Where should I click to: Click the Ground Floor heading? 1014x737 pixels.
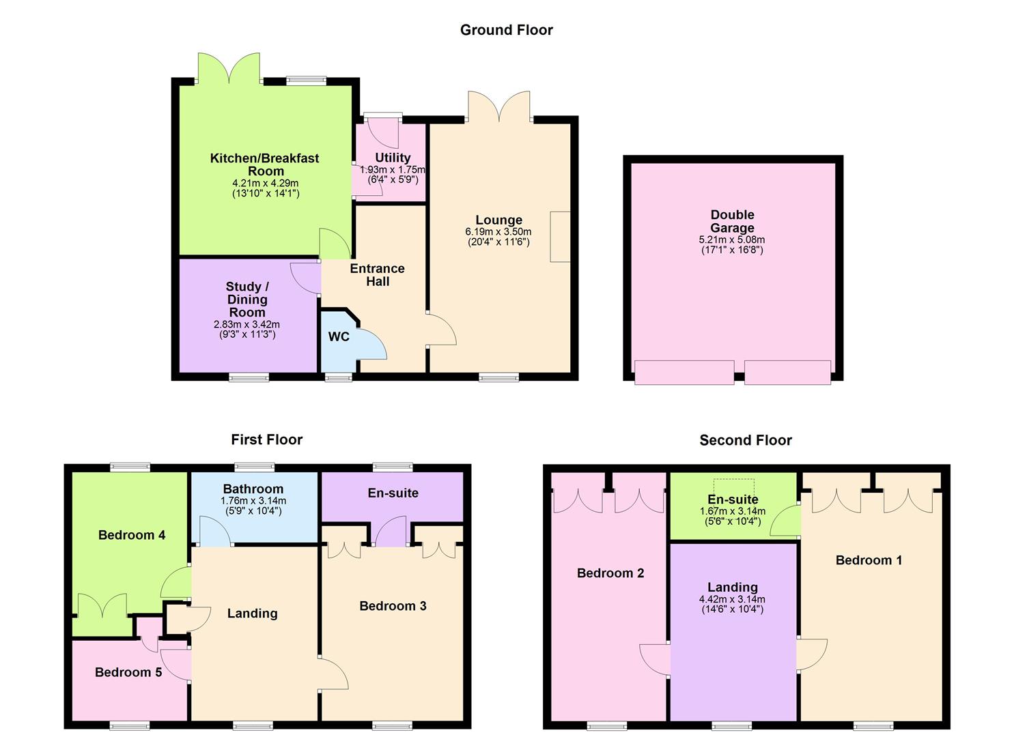pos(506,30)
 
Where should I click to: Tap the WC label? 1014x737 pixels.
pos(339,336)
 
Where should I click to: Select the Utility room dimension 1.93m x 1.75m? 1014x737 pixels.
pos(393,170)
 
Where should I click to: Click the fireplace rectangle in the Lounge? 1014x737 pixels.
pos(560,237)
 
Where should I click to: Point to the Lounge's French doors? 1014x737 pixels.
pos(499,106)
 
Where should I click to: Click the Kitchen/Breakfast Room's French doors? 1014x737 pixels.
pos(229,68)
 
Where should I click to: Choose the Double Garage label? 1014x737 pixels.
pos(733,221)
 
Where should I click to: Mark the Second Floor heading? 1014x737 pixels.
pos(746,440)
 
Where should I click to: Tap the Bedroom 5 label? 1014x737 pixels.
pos(128,672)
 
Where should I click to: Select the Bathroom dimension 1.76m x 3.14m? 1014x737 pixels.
pos(253,501)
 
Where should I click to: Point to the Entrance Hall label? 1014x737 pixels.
pos(378,274)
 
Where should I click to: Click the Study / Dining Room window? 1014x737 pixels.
pos(249,377)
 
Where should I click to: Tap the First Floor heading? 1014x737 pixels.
pos(266,439)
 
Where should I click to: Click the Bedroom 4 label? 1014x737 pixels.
pos(132,535)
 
